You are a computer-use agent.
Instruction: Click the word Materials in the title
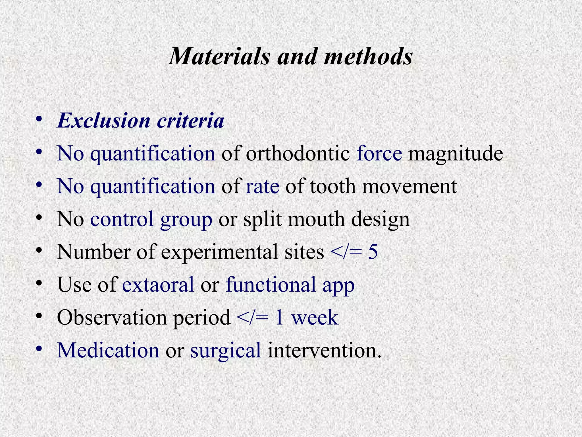click(x=219, y=56)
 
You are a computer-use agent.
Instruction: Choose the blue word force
click(x=379, y=154)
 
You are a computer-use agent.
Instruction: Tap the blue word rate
click(x=262, y=187)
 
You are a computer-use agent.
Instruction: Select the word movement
click(x=409, y=187)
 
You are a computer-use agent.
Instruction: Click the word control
click(x=122, y=219)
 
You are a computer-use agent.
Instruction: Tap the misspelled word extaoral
click(x=158, y=285)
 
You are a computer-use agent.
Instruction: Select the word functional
click(x=271, y=285)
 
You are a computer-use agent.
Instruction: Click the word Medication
click(x=108, y=350)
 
